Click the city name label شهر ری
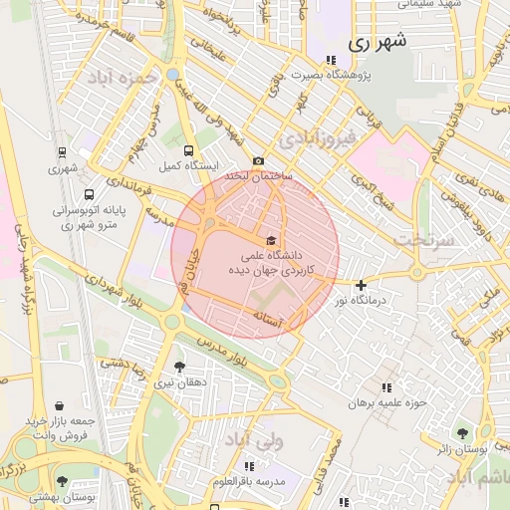click(380, 44)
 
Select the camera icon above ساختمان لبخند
click(259, 161)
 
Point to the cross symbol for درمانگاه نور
click(361, 286)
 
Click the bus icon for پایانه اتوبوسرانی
click(90, 195)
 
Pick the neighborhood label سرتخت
click(423, 240)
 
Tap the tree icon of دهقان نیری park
click(179, 367)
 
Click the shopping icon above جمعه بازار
click(61, 406)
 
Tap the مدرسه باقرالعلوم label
click(248, 482)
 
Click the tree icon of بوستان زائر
click(462, 432)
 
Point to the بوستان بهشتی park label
click(60, 495)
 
